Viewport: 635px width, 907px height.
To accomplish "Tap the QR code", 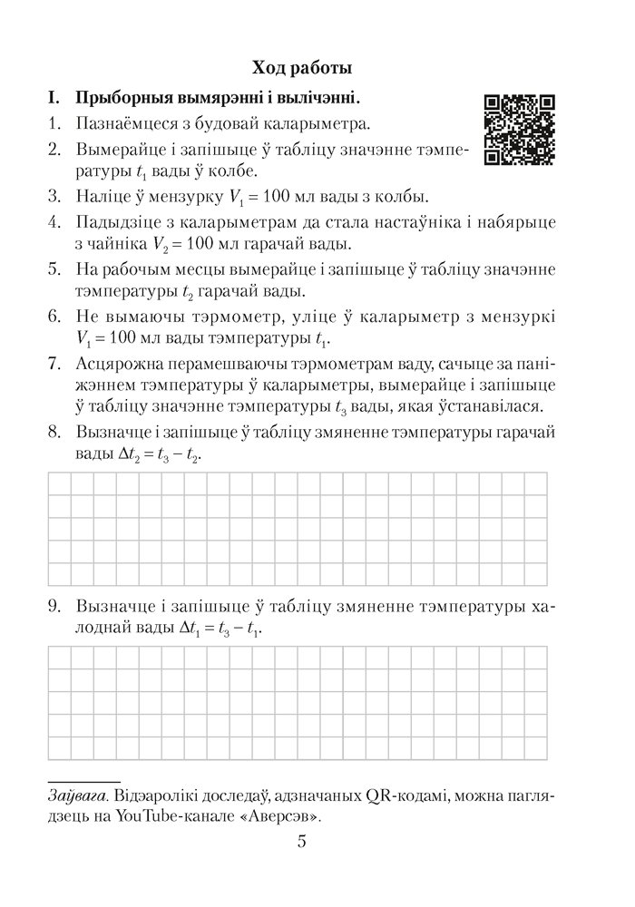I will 520,130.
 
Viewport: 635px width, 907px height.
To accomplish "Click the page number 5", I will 301,843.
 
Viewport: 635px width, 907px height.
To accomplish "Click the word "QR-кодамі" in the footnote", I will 396,796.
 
